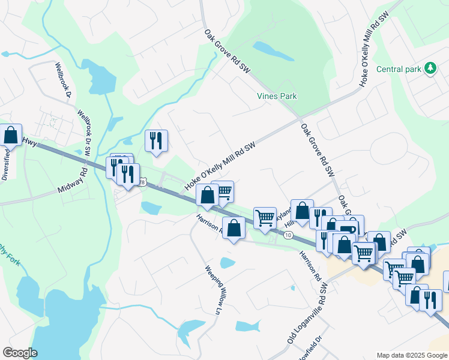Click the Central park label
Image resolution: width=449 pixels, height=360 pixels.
[399, 69]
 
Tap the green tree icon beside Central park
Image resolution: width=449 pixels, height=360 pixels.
[430, 68]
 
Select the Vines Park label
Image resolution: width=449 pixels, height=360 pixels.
[277, 96]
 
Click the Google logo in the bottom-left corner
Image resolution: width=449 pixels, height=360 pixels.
[20, 353]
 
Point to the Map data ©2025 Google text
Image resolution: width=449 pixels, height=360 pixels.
[411, 355]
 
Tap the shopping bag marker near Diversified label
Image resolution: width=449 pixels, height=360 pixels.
[11, 135]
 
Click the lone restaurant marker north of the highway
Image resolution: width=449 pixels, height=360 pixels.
[156, 142]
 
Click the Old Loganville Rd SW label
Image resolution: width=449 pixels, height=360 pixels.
[306, 314]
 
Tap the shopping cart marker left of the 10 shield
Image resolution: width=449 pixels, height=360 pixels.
[265, 218]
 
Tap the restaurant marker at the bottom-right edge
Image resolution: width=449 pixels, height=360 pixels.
[430, 299]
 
